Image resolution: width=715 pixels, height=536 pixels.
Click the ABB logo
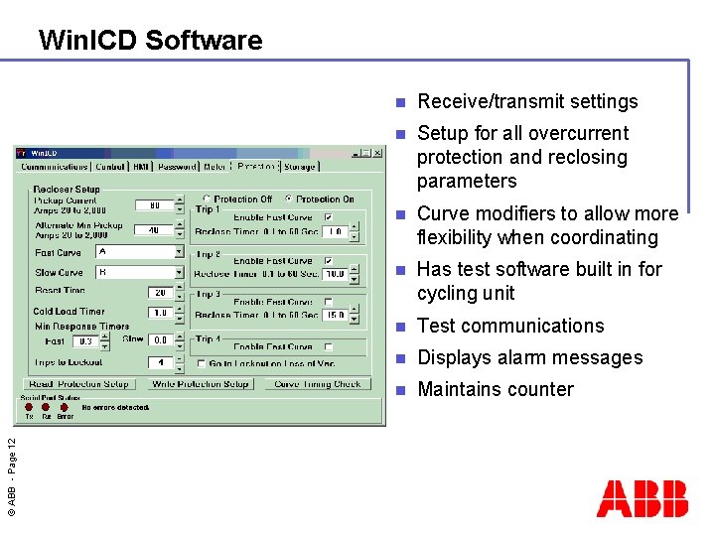[x=642, y=498]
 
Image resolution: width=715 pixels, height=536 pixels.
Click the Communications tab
[x=55, y=167]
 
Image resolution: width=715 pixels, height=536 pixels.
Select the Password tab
[x=178, y=167]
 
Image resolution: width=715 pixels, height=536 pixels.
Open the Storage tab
[x=299, y=167]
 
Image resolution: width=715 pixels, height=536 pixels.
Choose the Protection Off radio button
[x=207, y=199]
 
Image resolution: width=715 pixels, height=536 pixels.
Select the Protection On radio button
[x=289, y=199]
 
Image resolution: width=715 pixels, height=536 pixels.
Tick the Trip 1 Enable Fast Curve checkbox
[x=329, y=217]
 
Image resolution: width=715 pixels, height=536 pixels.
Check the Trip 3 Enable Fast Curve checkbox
[x=329, y=302]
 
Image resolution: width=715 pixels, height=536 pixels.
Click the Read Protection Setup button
[x=79, y=384]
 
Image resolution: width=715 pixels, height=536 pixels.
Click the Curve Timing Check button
[x=318, y=384]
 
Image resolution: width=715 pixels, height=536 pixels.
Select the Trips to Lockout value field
[x=159, y=362]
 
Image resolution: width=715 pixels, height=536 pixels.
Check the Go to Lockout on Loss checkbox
[x=201, y=363]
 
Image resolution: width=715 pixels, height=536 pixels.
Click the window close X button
[x=377, y=153]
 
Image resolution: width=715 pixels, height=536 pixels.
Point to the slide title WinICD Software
[x=150, y=41]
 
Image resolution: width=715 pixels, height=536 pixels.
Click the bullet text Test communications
[x=510, y=326]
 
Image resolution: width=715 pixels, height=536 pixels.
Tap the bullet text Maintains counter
[x=496, y=389]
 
